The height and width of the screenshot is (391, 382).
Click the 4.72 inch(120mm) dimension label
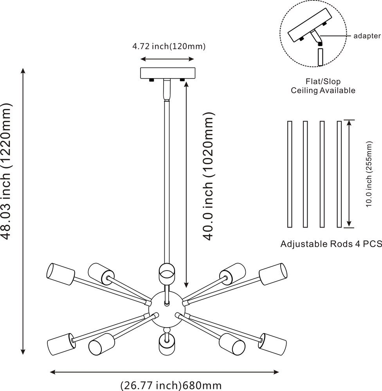pos(169,47)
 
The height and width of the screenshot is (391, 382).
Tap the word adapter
pos(367,36)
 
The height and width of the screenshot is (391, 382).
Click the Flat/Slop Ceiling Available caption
pos(323,86)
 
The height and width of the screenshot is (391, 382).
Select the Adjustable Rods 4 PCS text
pos(331,244)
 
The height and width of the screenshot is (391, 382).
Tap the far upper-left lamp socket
pos(60,273)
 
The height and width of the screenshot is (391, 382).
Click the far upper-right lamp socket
pos(273,273)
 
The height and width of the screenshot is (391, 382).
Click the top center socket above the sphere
pos(166,273)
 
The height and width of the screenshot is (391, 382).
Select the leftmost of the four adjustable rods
pos(290,174)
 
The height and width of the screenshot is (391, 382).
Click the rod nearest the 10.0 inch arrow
pos(339,174)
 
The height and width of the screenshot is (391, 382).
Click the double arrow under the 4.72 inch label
pos(167,59)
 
